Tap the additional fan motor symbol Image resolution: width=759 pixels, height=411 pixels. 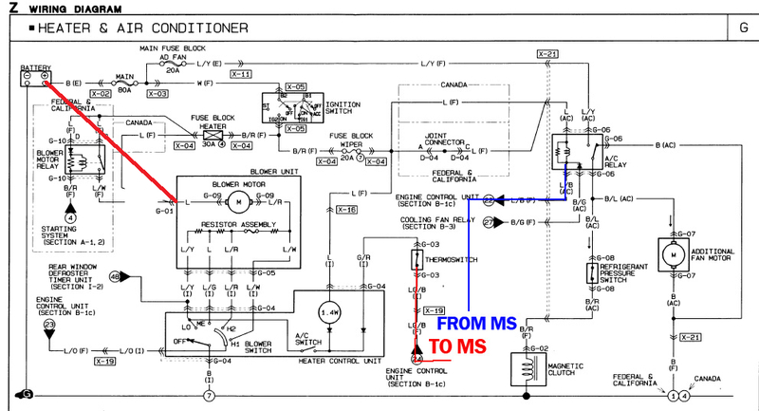tap(675, 255)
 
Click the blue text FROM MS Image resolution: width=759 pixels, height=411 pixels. tap(479, 324)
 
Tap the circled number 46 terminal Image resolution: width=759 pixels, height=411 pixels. tap(115, 276)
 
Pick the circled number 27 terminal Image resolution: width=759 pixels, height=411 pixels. tap(490, 222)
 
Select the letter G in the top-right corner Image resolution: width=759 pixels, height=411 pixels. tap(742, 28)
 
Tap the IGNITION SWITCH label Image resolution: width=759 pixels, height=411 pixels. tap(333, 111)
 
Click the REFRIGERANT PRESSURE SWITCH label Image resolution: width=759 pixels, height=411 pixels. tap(625, 273)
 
